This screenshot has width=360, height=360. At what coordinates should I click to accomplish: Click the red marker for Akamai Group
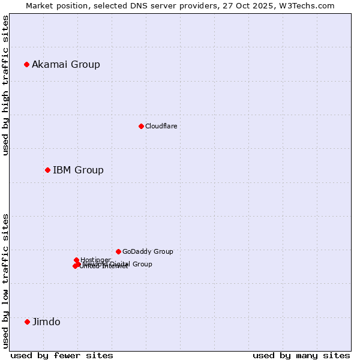click(x=27, y=64)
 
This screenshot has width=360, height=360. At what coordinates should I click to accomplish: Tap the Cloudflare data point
click(x=141, y=126)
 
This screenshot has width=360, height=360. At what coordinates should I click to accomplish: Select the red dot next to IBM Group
click(x=47, y=170)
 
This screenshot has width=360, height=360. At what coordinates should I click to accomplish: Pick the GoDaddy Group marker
click(x=118, y=251)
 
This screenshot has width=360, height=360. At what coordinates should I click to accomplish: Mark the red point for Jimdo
click(x=27, y=322)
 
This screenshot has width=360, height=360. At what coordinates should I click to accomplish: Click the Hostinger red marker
click(x=77, y=260)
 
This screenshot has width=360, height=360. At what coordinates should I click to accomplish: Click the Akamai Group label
click(x=66, y=64)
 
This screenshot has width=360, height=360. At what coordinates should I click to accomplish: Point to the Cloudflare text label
click(x=161, y=126)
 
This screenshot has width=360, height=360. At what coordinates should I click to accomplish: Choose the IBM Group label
click(x=78, y=170)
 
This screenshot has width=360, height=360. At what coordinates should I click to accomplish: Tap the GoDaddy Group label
click(x=148, y=251)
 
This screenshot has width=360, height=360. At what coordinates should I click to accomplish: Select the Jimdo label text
click(x=46, y=322)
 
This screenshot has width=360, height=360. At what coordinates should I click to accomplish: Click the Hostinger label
click(x=95, y=260)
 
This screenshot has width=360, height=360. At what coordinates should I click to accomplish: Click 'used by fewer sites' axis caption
click(x=62, y=355)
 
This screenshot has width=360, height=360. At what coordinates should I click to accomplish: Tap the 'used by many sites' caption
click(x=301, y=355)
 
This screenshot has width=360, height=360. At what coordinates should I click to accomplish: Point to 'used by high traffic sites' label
click(x=5, y=85)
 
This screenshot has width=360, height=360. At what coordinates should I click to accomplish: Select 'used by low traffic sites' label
click(x=5, y=281)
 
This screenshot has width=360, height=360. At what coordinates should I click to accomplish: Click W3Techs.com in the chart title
click(x=310, y=5)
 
